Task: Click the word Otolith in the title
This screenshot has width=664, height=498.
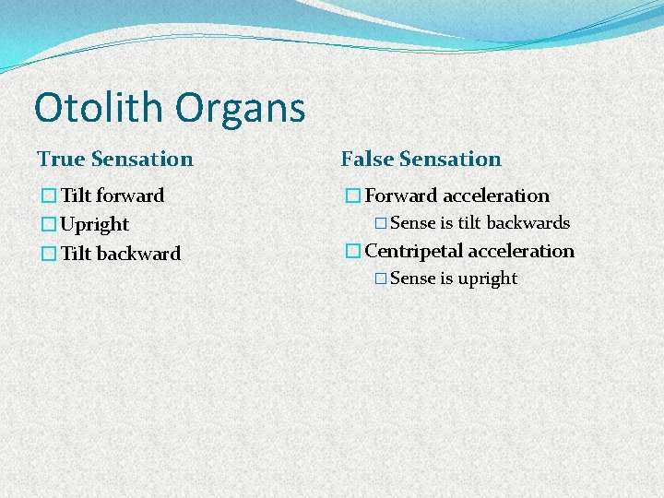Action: pos(98,108)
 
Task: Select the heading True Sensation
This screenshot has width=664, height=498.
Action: pos(115,159)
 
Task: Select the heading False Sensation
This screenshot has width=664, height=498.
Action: pos(421,159)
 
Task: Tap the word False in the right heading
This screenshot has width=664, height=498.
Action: pos(370,159)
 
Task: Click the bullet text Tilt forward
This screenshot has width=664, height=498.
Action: pos(113,196)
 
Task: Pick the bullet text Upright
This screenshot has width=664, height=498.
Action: pos(94,224)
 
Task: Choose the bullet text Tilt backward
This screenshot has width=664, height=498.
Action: pos(121,253)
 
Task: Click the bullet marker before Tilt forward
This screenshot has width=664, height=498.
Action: pos(49,196)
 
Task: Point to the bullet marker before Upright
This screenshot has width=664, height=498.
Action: pos(49,224)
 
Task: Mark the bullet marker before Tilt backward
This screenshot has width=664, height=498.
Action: pos(49,253)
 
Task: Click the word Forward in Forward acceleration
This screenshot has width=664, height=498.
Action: pos(401,196)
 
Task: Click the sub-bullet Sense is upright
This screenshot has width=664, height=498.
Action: pos(454,279)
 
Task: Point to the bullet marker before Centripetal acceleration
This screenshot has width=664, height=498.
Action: pos(352,251)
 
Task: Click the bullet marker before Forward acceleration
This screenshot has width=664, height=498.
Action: pos(352,196)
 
